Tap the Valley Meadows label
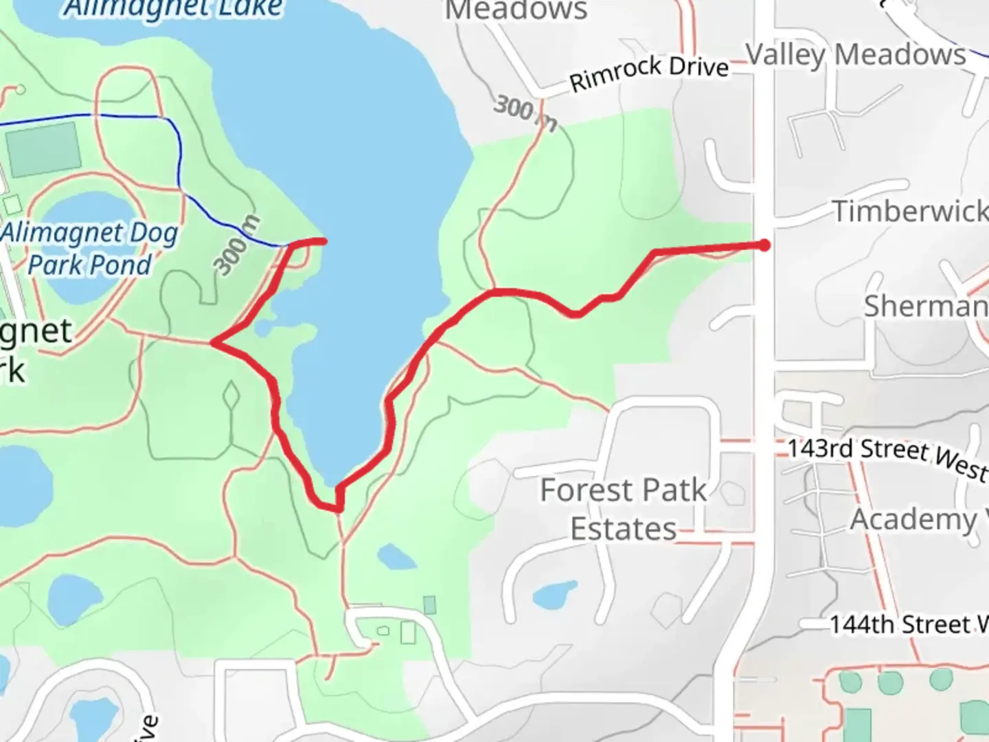[856, 54]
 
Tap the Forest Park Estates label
[623, 509]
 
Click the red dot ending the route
[764, 245]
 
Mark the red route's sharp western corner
[214, 342]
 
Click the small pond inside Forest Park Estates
[555, 595]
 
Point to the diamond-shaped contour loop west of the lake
[231, 396]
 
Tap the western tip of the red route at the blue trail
[291, 244]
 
